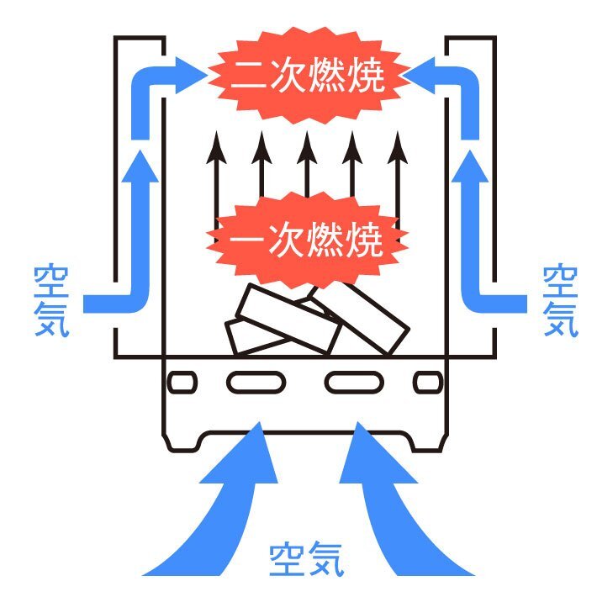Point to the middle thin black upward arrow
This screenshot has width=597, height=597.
308,168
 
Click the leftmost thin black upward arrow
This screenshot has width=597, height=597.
217,168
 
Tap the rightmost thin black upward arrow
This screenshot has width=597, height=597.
399,168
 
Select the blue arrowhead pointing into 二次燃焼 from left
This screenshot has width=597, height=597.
189,73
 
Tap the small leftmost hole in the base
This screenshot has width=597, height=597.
182,383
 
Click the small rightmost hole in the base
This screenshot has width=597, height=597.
428,383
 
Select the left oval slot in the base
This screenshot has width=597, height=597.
251,383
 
